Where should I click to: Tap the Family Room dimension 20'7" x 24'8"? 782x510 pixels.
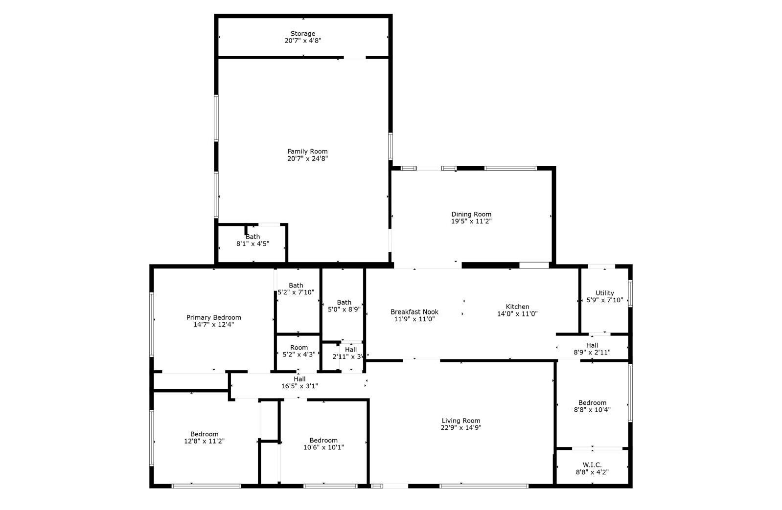[x=307, y=159]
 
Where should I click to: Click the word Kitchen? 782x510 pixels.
[x=517, y=307]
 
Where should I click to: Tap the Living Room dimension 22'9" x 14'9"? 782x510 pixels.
[x=461, y=428]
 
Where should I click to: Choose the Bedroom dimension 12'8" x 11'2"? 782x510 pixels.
[x=204, y=441]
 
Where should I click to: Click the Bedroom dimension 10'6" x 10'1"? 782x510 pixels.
[x=323, y=447]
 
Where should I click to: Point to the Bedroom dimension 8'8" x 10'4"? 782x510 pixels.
[x=592, y=410]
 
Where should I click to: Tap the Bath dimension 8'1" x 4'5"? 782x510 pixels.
[x=253, y=244]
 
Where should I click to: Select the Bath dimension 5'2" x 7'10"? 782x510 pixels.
[x=296, y=292]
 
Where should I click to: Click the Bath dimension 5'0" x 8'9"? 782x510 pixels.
[x=344, y=310]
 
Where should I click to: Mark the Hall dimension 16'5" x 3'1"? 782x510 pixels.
[x=299, y=386]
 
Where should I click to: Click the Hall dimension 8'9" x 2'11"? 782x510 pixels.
[x=592, y=353]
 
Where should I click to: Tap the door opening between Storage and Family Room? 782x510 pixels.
[x=355, y=57]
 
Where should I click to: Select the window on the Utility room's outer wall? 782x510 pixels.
[x=630, y=294]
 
